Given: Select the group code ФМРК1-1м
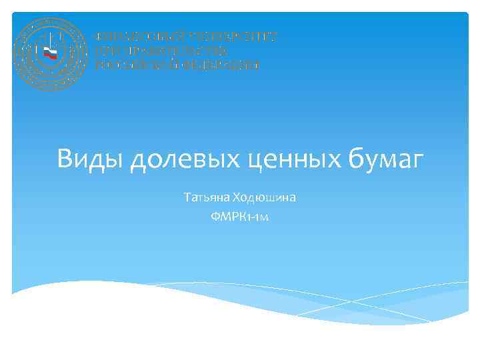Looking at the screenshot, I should click(239, 217).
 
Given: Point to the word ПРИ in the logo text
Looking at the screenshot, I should click(105, 51).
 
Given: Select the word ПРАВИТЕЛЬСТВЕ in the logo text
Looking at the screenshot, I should click(173, 51).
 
